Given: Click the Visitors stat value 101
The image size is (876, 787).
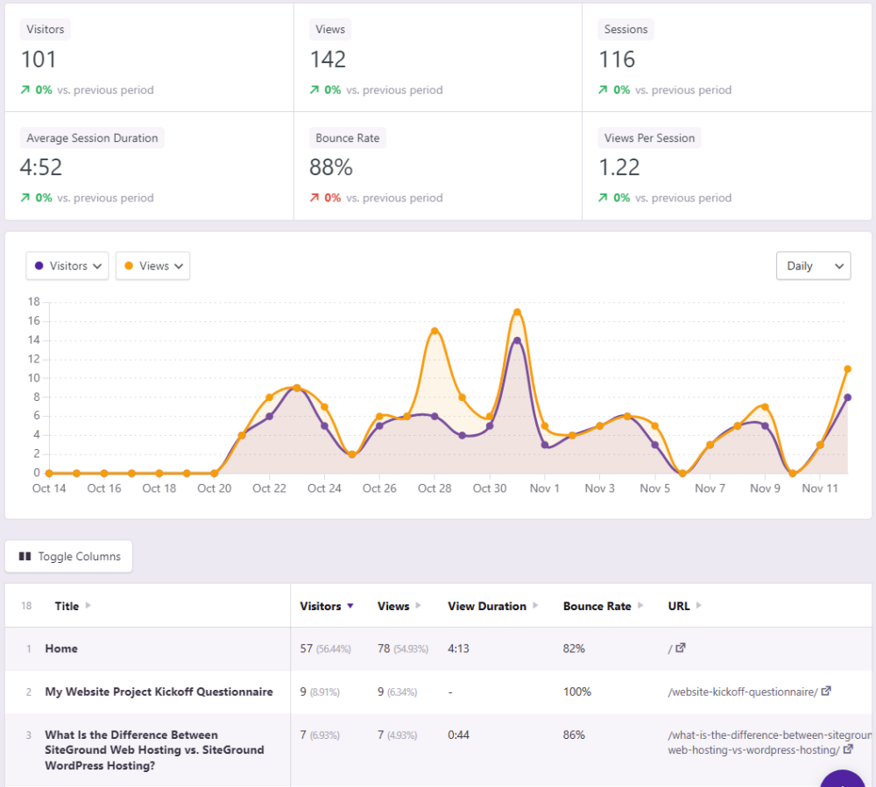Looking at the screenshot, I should (x=39, y=60).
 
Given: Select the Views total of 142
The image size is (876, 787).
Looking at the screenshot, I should (x=328, y=60).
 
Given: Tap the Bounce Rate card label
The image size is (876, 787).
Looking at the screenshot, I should (x=348, y=138).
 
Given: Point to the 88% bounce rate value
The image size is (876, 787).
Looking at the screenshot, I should (x=330, y=167).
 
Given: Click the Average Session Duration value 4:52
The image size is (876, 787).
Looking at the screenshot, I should (x=41, y=167).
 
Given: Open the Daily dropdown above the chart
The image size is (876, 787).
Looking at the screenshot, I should (x=813, y=266).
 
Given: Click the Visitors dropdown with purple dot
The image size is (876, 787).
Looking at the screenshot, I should (x=67, y=266).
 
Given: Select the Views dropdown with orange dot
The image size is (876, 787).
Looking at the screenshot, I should (x=153, y=266).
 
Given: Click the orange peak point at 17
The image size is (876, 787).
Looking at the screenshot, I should (x=517, y=312).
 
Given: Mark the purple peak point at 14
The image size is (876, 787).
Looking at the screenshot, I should (x=517, y=341).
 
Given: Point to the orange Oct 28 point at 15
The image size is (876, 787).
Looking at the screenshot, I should (x=434, y=331).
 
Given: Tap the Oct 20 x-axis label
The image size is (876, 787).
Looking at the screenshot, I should (x=214, y=488).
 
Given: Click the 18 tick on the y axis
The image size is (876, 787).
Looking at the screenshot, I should (x=34, y=302).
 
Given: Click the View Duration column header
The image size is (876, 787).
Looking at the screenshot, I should (x=487, y=606).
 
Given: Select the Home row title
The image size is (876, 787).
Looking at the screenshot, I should (x=61, y=649).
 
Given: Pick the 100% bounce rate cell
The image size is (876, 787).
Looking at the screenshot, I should (x=576, y=692).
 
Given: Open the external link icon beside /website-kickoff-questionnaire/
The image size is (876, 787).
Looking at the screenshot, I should (x=825, y=692).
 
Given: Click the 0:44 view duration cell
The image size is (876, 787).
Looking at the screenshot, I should (x=458, y=734).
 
